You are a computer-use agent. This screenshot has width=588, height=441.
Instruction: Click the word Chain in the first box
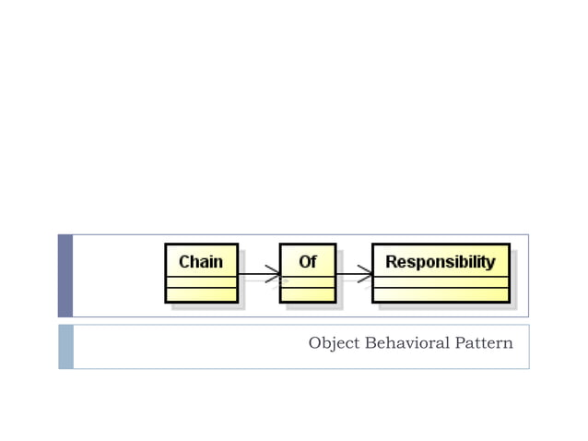[x=201, y=262]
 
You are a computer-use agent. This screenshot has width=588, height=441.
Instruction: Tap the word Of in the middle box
[x=307, y=262]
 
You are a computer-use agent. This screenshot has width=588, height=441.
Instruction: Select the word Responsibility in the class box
[x=441, y=262]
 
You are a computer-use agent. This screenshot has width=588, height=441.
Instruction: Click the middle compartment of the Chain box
[x=201, y=281]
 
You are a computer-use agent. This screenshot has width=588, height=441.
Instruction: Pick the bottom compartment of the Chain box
[x=201, y=295]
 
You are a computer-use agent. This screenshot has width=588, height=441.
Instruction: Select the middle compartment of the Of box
[x=307, y=281]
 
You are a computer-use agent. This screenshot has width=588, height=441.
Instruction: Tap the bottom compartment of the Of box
[x=307, y=295]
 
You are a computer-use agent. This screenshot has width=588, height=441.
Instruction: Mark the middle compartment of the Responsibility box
[x=441, y=281]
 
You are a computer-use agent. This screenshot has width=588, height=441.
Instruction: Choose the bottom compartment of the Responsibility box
[x=441, y=295]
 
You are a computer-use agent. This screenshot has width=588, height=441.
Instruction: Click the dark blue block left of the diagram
[x=65, y=275]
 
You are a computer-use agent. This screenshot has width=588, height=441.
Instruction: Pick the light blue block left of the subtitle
[x=65, y=346]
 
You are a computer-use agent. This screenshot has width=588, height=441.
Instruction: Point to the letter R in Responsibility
[x=391, y=262]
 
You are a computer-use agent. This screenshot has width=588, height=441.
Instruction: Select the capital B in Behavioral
[x=370, y=343]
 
